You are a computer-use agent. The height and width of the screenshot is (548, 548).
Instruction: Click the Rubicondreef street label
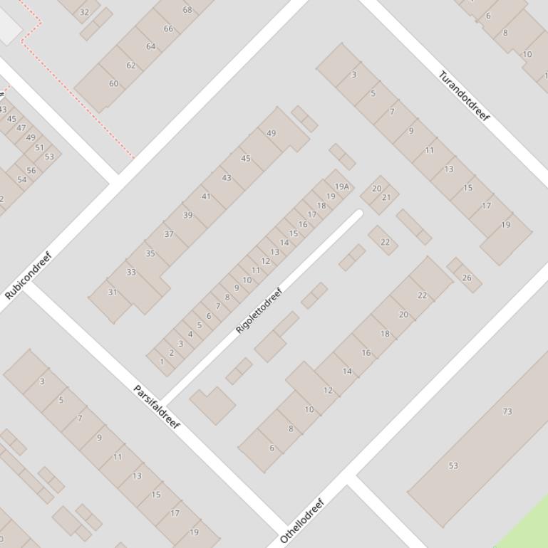29,275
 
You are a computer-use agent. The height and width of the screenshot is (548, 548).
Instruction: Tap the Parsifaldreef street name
157,406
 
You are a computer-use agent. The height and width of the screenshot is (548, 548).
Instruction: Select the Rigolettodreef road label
259,310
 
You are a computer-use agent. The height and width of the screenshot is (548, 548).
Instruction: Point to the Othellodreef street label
302,521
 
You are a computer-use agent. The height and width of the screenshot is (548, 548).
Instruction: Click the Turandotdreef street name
464,96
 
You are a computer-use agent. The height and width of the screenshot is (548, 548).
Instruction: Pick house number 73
507,411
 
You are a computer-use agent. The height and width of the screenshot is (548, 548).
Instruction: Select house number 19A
342,187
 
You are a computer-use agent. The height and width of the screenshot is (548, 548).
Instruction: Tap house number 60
113,83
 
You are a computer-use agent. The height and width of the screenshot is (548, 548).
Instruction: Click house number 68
187,10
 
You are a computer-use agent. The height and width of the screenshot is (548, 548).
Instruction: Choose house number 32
85,12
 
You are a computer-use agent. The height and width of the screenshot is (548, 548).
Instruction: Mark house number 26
467,278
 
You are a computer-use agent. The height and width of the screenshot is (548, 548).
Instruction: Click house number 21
386,198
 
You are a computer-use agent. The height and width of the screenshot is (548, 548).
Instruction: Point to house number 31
112,293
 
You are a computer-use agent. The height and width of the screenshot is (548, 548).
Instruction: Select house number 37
169,234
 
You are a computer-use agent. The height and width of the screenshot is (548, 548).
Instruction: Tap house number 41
206,196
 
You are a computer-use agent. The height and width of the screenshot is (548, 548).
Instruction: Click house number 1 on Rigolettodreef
162,362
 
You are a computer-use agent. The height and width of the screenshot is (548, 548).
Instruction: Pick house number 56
31,170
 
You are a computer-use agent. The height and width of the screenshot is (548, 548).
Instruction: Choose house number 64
150,46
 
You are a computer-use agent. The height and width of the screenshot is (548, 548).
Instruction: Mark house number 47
21,128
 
